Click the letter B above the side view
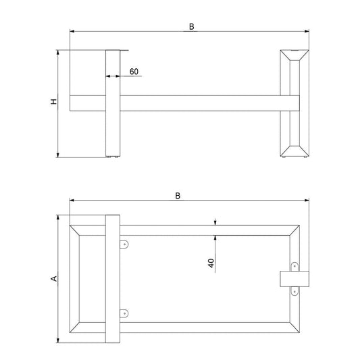click(191, 26)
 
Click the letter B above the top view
click(178, 196)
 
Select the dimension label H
click(53, 102)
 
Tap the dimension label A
click(54, 278)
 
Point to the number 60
click(134, 72)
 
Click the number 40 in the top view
click(211, 263)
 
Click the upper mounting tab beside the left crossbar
click(124, 245)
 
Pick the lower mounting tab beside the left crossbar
click(124, 313)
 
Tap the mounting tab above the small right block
click(294, 267)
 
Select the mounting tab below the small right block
click(294, 291)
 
